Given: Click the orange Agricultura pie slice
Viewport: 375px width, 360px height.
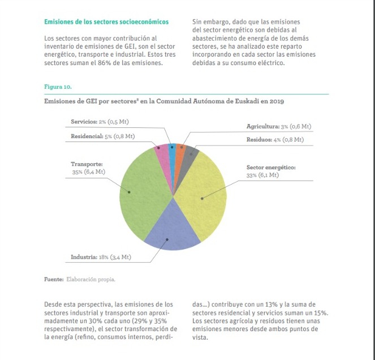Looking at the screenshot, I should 180,151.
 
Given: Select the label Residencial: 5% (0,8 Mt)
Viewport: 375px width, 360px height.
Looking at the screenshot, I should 102,136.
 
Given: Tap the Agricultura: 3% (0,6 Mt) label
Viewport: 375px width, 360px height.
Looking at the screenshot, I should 279,126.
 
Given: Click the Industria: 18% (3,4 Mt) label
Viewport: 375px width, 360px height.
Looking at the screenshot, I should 101,257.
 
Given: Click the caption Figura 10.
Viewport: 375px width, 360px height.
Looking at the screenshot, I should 58,87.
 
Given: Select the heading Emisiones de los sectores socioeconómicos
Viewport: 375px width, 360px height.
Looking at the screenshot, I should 106,22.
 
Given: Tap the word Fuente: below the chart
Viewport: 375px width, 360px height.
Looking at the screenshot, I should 54,279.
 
